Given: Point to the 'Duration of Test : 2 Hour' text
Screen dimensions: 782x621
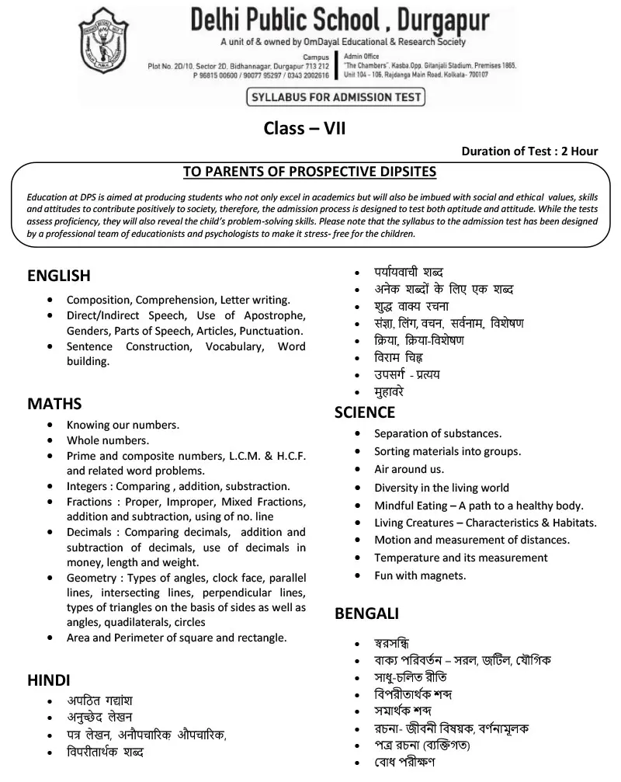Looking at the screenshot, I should pyautogui.click(x=529, y=151).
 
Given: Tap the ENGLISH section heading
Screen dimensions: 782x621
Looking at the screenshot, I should pyautogui.click(x=59, y=276).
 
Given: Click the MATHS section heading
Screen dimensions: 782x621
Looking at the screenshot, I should pyautogui.click(x=54, y=404).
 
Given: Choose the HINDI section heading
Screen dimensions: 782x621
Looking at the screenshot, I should pyautogui.click(x=49, y=680).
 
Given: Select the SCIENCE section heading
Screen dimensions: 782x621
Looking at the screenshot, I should pyautogui.click(x=365, y=412).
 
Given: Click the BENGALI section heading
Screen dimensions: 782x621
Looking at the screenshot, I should pyautogui.click(x=366, y=613).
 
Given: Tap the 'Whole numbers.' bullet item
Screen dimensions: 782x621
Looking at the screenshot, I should pyautogui.click(x=107, y=440).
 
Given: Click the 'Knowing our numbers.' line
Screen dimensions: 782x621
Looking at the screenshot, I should pyautogui.click(x=123, y=425).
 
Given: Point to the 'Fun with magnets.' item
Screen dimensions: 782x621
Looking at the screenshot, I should pyautogui.click(x=420, y=575).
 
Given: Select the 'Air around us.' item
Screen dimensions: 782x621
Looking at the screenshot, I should pyautogui.click(x=409, y=469).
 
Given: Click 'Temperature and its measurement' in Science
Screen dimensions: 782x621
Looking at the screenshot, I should pyautogui.click(x=461, y=558).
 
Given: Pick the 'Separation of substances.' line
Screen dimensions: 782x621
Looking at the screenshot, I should pyautogui.click(x=438, y=433).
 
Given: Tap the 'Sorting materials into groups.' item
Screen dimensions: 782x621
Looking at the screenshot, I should pyautogui.click(x=448, y=451).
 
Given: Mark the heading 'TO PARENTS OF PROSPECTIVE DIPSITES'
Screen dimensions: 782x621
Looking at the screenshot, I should pyautogui.click(x=309, y=172).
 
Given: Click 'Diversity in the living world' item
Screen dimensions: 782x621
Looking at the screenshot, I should pyautogui.click(x=442, y=488).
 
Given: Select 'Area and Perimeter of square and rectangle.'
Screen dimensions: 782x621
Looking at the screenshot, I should pyautogui.click(x=177, y=638).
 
